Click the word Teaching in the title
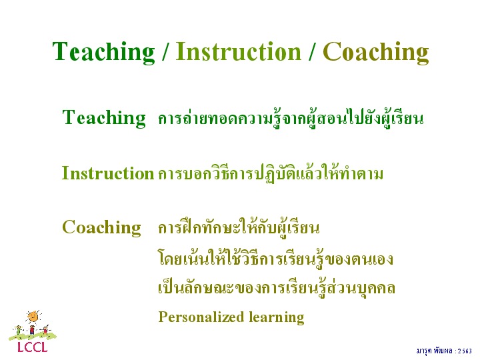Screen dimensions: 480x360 (x=103, y=53)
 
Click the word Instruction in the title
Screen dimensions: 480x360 (x=239, y=51)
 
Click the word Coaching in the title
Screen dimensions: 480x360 (x=376, y=53)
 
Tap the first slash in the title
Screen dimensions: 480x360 (x=165, y=51)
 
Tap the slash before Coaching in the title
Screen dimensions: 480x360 (x=312, y=51)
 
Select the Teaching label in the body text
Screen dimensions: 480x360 (x=104, y=118)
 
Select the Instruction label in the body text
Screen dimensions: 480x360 (x=108, y=173)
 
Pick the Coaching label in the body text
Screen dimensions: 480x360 (x=101, y=228)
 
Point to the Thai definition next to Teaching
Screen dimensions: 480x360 (x=291, y=118)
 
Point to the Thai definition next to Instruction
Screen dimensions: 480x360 (x=271, y=173)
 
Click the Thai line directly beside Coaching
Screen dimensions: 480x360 (x=239, y=227)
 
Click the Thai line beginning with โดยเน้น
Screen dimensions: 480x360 (x=275, y=258)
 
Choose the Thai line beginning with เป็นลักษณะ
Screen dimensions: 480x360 (x=277, y=288)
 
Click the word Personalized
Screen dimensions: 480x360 (x=201, y=317)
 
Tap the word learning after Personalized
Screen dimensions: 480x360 (x=277, y=317)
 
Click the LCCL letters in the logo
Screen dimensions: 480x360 (x=33, y=347)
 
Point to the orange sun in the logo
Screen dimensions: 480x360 (x=33, y=317)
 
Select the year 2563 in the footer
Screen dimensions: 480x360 (x=465, y=351)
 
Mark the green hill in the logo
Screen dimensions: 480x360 (x=33, y=336)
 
